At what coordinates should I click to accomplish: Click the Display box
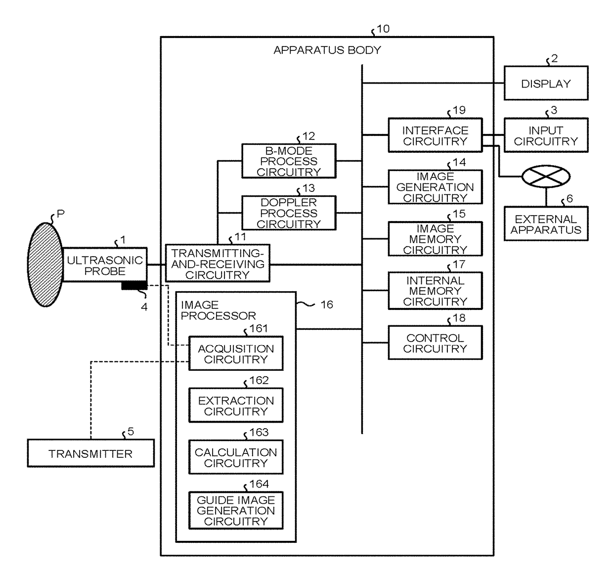click(546, 83)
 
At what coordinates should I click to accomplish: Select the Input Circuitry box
click(546, 135)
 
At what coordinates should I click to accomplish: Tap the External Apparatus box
click(546, 223)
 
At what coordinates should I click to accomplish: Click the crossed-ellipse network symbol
click(546, 177)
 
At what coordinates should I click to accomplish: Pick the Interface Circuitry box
click(435, 135)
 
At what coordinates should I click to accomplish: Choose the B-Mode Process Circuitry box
click(289, 161)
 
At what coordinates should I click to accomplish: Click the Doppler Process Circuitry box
click(289, 213)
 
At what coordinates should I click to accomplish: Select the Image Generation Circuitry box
click(435, 187)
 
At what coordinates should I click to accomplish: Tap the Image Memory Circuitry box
click(435, 239)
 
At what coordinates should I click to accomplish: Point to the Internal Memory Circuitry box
click(435, 291)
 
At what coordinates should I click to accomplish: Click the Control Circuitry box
click(435, 343)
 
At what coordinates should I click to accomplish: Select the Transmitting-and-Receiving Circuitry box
click(218, 263)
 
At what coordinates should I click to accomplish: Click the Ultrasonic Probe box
click(105, 265)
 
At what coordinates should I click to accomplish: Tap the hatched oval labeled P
click(45, 265)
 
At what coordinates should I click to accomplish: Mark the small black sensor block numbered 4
click(134, 286)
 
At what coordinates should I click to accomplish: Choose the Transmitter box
click(91, 453)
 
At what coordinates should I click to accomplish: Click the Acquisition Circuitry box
click(236, 354)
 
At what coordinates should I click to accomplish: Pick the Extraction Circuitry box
click(236, 405)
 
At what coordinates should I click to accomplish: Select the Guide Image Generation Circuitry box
click(236, 510)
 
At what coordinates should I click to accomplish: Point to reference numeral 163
click(259, 432)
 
